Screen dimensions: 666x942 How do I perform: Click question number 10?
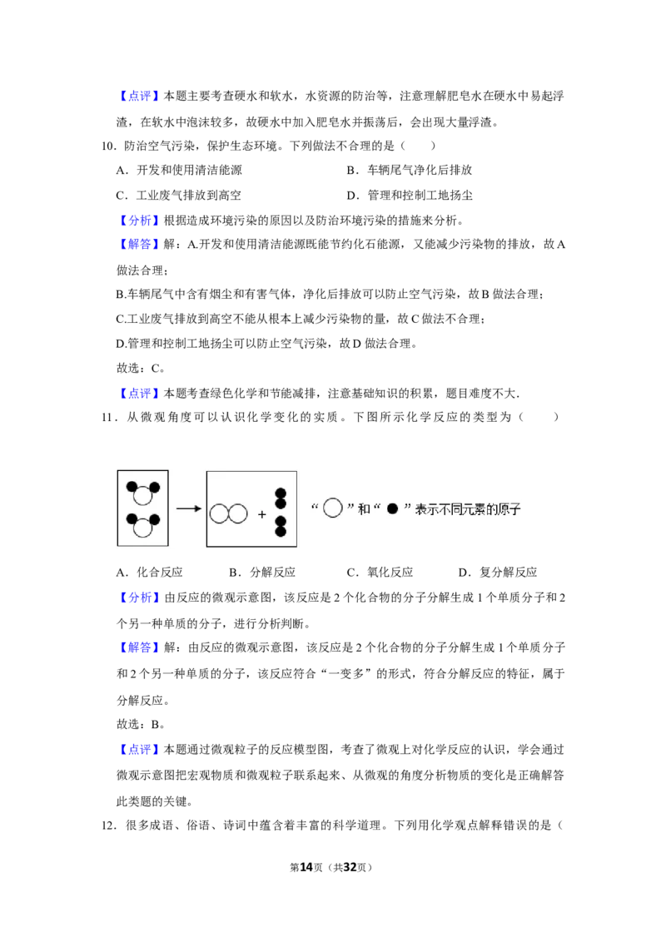point(107,146)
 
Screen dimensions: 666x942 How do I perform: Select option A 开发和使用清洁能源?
point(179,171)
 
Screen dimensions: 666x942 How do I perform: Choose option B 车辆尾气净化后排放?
point(410,171)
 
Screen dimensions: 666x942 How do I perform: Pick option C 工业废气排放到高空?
point(178,196)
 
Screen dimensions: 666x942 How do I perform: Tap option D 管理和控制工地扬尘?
point(410,196)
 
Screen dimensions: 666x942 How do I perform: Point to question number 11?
point(107,418)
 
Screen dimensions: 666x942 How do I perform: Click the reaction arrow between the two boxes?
point(188,508)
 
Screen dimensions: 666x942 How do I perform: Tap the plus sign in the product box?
point(261,515)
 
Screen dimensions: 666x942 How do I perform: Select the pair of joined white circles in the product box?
point(228,513)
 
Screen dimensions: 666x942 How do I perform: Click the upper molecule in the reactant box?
point(143,493)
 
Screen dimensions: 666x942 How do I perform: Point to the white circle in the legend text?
point(332,508)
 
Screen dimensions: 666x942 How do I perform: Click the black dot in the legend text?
point(392,509)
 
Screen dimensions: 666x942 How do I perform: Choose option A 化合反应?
point(149,573)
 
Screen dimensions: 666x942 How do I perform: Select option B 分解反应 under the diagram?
point(262,573)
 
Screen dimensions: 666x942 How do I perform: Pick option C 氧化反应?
point(380,573)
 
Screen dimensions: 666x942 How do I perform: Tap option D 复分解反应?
point(498,573)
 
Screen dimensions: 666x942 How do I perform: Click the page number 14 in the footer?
point(306,867)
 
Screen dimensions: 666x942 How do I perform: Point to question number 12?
point(107,826)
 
